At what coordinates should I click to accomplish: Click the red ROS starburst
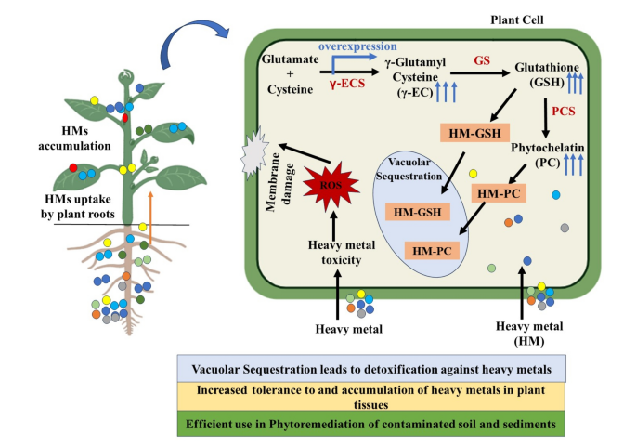pos(331,186)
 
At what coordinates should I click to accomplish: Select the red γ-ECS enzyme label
pos(347,84)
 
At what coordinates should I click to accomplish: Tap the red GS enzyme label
pos(482,60)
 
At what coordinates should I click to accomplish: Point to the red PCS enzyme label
pos(564,111)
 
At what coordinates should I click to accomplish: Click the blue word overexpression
pos(357,46)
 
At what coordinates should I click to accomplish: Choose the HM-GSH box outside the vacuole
pos(474,133)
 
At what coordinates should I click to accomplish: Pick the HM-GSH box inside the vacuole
pos(418,212)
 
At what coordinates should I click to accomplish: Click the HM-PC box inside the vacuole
pos(432,251)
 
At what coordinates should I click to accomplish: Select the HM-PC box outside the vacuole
pos(499,193)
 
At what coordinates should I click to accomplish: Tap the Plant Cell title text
pos(517,20)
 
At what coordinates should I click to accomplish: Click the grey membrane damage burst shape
pos(254,153)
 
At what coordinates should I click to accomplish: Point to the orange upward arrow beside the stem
pos(150,218)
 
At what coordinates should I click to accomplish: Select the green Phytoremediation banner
pos(370,424)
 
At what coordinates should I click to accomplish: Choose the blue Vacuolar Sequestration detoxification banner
pos(371,369)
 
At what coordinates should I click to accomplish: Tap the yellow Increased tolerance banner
pos(371,397)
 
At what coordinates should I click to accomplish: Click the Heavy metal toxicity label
pos(342,253)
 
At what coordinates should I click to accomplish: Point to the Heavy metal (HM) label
pos(529,334)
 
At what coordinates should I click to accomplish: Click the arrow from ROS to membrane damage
pos(304,153)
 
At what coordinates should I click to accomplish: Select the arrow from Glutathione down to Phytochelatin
pos(546,118)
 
